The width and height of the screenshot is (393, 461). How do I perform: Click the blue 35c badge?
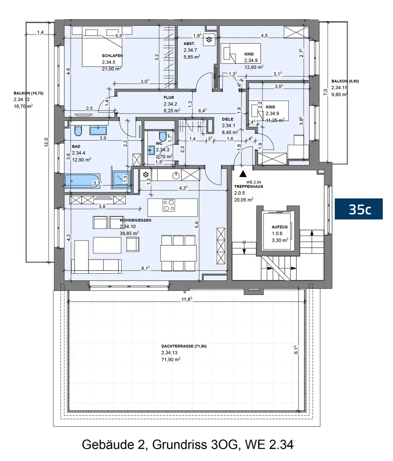[358, 209]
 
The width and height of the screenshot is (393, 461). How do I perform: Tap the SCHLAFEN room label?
[112, 56]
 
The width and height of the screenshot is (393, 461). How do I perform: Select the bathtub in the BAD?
[82, 181]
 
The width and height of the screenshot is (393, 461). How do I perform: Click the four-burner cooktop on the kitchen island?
[169, 206]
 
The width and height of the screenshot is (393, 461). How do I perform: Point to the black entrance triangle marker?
[242, 174]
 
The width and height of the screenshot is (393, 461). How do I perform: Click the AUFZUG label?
[280, 227]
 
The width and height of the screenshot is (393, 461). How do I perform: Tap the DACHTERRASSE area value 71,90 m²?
[170, 359]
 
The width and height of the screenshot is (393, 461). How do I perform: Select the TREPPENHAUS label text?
[248, 186]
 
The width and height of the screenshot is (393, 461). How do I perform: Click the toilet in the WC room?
[162, 136]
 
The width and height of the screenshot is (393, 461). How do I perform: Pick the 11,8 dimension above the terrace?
[187, 299]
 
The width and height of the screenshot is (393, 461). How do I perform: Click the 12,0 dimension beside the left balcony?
[47, 143]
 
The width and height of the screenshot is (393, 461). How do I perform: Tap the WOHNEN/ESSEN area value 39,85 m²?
[129, 233]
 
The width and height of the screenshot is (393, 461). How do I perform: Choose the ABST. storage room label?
[189, 43]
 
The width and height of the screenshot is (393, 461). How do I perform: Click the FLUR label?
[169, 97]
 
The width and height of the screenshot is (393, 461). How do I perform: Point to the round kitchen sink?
[176, 175]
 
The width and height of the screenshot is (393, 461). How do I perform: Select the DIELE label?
[228, 119]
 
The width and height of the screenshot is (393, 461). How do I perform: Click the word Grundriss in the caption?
[180, 444]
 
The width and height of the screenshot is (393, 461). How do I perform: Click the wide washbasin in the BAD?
[99, 130]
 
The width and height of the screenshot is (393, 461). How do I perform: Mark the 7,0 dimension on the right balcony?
[325, 92]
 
